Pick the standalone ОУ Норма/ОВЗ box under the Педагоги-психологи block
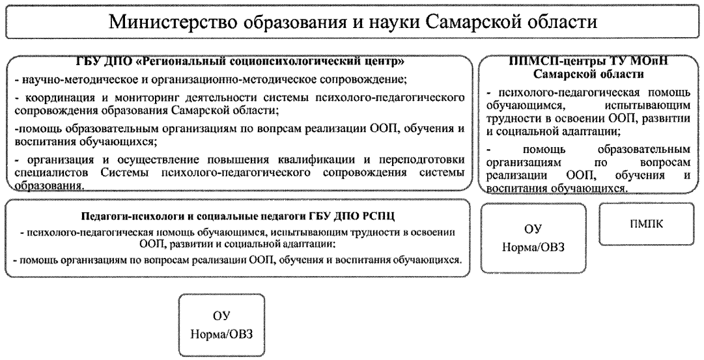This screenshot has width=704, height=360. pyautogui.click(x=222, y=326)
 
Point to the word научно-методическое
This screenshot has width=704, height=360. pyautogui.click(x=63, y=80)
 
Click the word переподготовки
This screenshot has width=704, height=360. pyautogui.click(x=425, y=161)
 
